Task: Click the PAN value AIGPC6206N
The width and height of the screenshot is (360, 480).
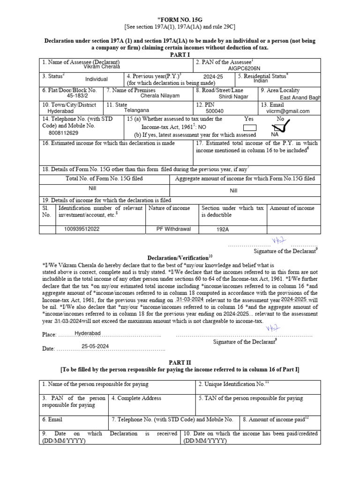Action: (244, 68)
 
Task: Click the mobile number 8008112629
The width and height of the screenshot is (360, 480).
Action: (64, 133)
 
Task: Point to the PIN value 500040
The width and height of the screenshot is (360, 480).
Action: (215, 112)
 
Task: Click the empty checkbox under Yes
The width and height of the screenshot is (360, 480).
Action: (250, 127)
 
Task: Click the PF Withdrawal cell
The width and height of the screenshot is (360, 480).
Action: (173, 229)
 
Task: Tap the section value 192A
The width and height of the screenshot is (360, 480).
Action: (223, 230)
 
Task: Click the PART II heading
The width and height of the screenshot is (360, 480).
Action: (180, 362)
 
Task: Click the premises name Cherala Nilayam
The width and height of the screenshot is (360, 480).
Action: (160, 96)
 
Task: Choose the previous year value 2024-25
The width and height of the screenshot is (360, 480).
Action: (213, 76)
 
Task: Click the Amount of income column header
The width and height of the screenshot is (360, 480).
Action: (292, 208)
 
